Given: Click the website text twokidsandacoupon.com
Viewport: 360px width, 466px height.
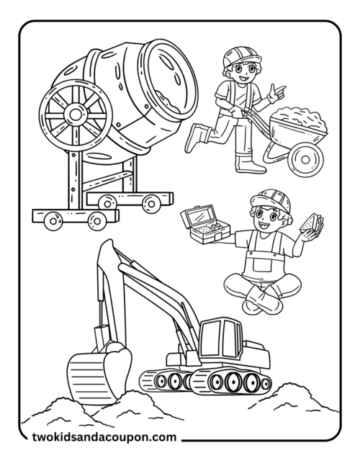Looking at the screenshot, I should pyautogui.click(x=104, y=436).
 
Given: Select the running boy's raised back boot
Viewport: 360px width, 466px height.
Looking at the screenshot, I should pyautogui.click(x=195, y=138).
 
